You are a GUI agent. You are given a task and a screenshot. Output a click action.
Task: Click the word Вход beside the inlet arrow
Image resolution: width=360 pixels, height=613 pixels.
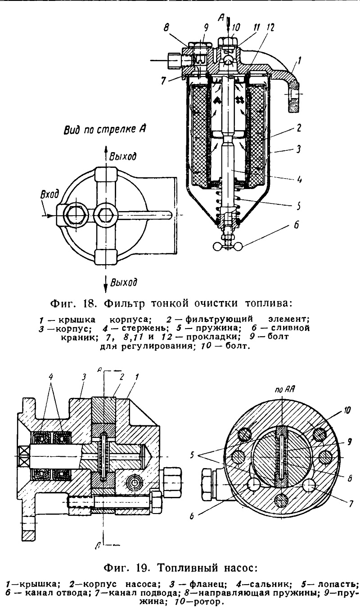coord(49,194)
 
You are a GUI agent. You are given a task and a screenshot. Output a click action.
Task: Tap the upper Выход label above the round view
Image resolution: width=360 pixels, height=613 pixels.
coord(122,157)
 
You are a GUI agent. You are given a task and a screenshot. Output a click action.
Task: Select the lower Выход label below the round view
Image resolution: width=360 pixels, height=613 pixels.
coord(124,282)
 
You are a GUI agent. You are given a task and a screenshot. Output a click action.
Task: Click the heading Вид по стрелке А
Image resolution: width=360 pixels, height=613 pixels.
coord(104,130)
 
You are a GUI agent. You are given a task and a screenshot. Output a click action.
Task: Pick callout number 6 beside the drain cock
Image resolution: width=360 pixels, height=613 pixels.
coord(296,225)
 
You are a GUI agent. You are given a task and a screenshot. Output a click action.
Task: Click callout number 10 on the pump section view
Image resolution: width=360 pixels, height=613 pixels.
coord(346,410)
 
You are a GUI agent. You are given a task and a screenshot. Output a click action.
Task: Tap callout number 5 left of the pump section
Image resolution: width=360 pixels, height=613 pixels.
coord(193,455)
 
